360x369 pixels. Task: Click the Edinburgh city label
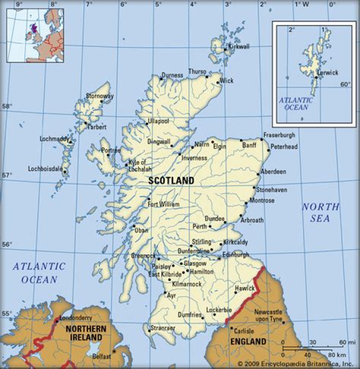pos(235,254)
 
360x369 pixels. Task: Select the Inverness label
pos(194,158)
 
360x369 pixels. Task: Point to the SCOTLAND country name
pos(171,180)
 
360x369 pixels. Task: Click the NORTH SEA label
pos(320,212)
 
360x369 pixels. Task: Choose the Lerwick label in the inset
pos(327,72)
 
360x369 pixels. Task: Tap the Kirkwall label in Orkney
pos(238,46)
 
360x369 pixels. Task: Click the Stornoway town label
pos(100,95)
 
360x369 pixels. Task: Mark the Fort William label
pos(163,204)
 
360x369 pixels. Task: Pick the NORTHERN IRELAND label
pos(85,333)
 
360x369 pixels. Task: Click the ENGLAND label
pos(248,342)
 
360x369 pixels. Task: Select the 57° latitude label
pos(7,175)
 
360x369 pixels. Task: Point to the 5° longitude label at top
pos(158,4)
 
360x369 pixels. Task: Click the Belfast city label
pos(101,356)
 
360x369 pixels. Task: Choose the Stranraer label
pos(161,328)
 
